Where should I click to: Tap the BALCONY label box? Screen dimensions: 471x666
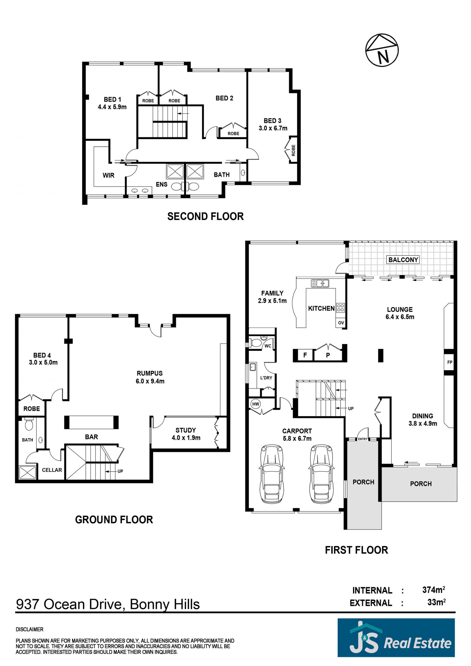pyautogui.click(x=403, y=260)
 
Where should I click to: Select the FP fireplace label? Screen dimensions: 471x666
pyautogui.click(x=449, y=362)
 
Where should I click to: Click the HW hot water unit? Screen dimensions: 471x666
pyautogui.click(x=256, y=404)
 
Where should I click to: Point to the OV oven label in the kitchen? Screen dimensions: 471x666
pyautogui.click(x=341, y=322)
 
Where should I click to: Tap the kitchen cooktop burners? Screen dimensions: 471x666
pyautogui.click(x=340, y=307)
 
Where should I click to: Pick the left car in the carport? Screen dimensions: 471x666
pyautogui.click(x=272, y=474)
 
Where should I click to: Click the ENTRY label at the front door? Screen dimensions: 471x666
pyautogui.click(x=363, y=439)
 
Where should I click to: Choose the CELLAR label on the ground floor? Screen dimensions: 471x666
pyautogui.click(x=52, y=470)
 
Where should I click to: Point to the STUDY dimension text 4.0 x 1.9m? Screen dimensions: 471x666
pyautogui.click(x=186, y=438)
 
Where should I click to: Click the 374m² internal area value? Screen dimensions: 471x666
pyautogui.click(x=433, y=589)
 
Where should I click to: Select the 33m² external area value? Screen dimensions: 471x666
pyautogui.click(x=436, y=602)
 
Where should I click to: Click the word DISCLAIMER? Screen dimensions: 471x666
pyautogui.click(x=30, y=629)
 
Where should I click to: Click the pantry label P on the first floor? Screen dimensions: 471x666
pyautogui.click(x=328, y=355)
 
